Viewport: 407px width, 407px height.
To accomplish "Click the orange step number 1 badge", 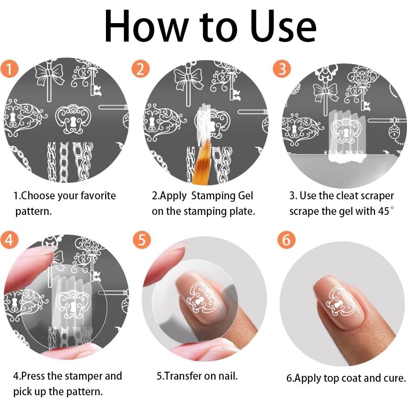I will (x=10, y=68).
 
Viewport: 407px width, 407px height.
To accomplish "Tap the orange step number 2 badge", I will (x=140, y=68).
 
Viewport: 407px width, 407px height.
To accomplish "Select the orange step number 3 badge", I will (x=282, y=69).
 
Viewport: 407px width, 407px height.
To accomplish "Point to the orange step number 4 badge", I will (x=10, y=240).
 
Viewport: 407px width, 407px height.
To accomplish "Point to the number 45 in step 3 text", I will (x=383, y=211).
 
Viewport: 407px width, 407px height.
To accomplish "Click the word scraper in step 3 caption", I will (x=374, y=196).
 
